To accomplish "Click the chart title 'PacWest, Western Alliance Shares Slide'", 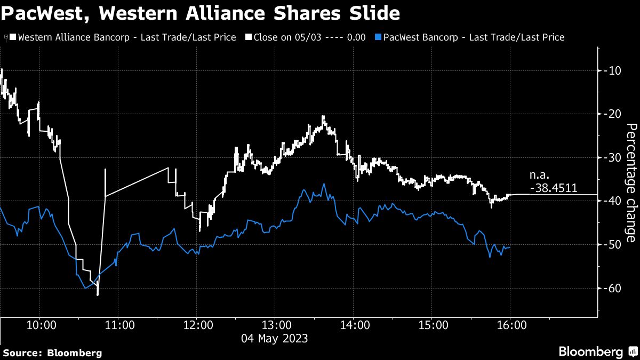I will pos(201,13).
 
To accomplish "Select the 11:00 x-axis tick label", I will pos(118,325).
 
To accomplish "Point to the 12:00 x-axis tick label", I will pos(197,325).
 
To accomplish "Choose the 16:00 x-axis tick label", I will pos(510,325).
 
